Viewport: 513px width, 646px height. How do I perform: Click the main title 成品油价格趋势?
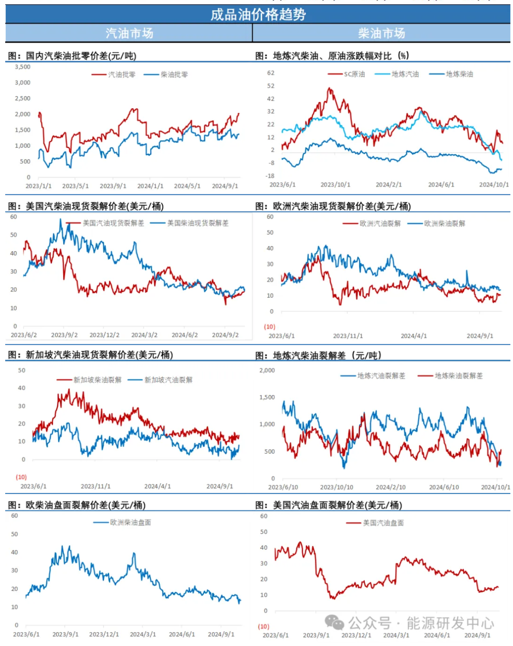pyautogui.click(x=258, y=15)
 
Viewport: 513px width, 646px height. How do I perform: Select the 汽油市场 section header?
pyautogui.click(x=129, y=33)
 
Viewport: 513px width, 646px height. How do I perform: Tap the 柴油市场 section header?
pyautogui.click(x=381, y=33)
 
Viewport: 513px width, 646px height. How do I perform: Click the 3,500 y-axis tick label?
pyautogui.click(x=23, y=67)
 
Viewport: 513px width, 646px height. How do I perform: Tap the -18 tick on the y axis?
pyautogui.click(x=270, y=176)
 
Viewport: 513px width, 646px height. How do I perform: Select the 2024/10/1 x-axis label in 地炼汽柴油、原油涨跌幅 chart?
pyautogui.click(x=494, y=185)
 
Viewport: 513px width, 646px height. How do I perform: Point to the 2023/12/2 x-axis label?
pyautogui.click(x=104, y=335)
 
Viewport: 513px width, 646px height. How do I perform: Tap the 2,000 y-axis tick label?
pyautogui.click(x=267, y=370)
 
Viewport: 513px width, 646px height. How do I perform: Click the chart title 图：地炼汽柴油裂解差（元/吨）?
pyautogui.click(x=318, y=356)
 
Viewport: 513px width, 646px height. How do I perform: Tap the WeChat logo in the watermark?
pyautogui.click(x=334, y=622)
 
